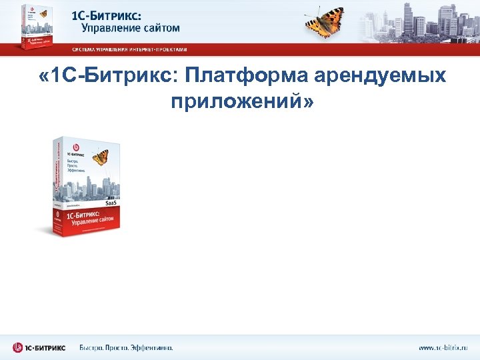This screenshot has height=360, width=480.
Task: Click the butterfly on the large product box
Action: pos(100,157)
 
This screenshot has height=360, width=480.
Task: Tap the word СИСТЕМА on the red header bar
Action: pos(85,49)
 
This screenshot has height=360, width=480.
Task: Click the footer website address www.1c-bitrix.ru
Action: pos(443,347)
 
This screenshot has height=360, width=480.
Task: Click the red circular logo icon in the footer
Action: pos(17,347)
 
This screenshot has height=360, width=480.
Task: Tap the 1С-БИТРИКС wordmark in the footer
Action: pos(47,347)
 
